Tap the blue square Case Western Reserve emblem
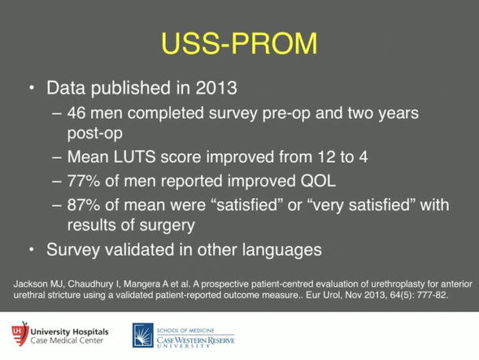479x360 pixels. point(142,335)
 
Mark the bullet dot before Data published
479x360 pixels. point(32,86)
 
